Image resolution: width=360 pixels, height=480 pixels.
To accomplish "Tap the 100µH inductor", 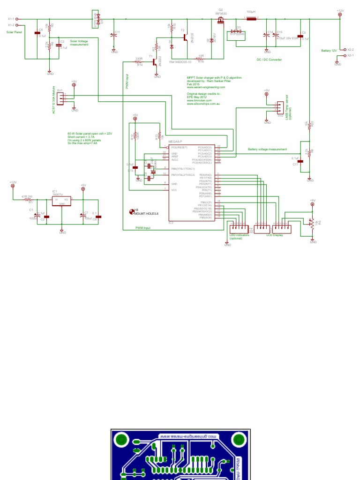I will point(251,19).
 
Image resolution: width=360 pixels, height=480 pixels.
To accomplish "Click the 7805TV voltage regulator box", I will point(61,201).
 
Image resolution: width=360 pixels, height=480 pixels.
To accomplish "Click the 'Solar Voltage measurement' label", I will point(79,43).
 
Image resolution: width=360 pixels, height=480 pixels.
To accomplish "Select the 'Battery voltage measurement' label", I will point(267,149).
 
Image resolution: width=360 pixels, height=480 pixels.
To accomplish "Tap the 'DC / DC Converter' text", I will point(269,60).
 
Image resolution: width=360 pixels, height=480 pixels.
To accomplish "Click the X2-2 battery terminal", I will point(345,49).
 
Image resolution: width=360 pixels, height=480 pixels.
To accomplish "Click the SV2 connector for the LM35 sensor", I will point(279,107).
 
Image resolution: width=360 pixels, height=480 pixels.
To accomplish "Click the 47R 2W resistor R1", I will point(27,200).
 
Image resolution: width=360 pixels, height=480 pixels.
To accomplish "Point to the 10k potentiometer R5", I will point(310,223).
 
